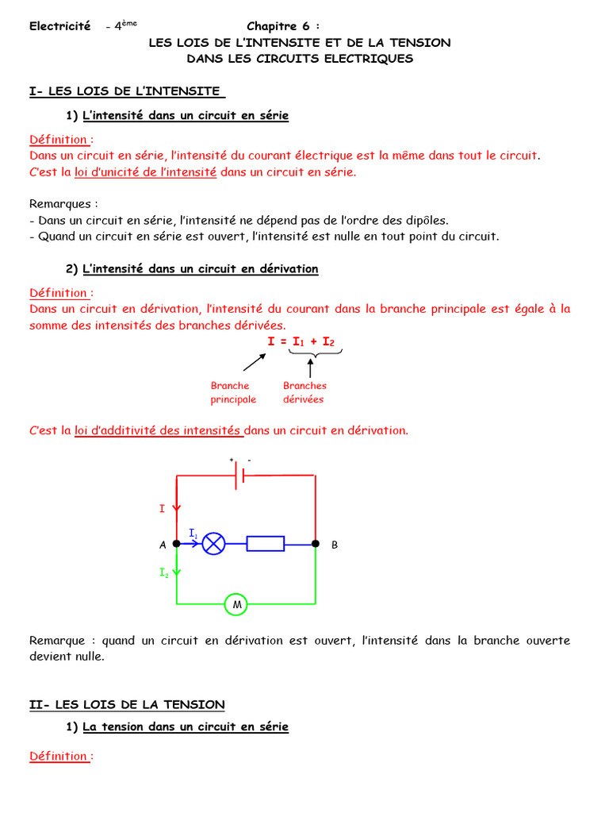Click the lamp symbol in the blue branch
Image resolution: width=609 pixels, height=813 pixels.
[214, 544]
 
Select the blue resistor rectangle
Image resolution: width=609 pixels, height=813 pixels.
[265, 544]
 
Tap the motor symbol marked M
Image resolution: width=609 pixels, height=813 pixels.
[236, 605]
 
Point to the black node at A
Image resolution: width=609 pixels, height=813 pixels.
[176, 544]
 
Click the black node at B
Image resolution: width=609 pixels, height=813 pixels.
[315, 544]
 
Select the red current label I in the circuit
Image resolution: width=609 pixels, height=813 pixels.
[162, 508]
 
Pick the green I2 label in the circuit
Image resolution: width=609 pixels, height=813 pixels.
[163, 572]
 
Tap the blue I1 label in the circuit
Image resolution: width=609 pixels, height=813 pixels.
[193, 533]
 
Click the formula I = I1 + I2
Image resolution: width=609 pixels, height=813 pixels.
[301, 341]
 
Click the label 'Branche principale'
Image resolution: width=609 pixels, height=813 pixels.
[233, 392]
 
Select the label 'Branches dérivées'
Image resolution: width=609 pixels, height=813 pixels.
[304, 392]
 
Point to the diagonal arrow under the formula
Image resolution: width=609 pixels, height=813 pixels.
[254, 362]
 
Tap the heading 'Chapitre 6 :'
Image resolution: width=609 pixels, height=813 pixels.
[284, 26]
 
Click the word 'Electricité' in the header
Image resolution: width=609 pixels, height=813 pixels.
[60, 26]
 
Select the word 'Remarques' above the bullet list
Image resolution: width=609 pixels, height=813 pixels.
[63, 204]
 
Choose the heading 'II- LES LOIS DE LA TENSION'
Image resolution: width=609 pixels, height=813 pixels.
[127, 704]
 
